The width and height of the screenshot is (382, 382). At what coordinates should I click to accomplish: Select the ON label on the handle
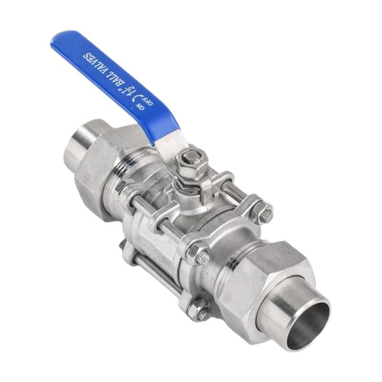click(140, 106)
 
